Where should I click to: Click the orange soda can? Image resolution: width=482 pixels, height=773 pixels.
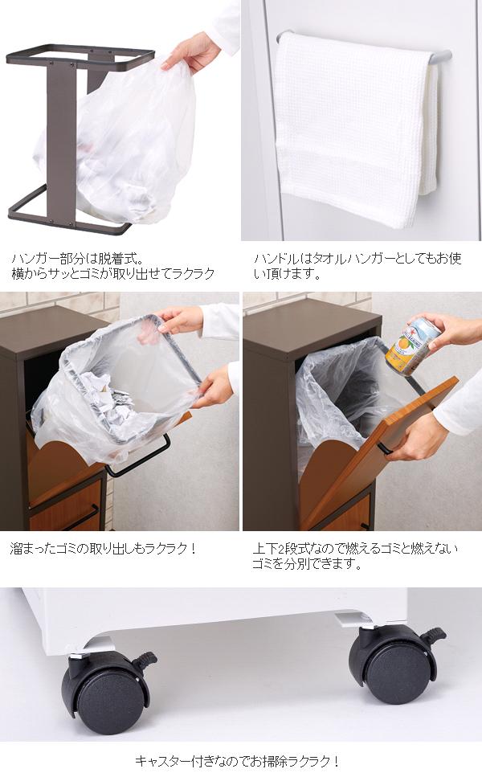pyautogui.click(x=411, y=346)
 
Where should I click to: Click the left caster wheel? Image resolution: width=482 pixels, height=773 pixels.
pyautogui.click(x=105, y=690)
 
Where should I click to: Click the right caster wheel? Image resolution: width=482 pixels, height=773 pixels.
pyautogui.click(x=393, y=665)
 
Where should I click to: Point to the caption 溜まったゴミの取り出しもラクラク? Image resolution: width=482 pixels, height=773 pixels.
pyautogui.click(x=104, y=550)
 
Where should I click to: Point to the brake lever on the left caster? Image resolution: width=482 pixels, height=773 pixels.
pyautogui.click(x=145, y=661)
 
